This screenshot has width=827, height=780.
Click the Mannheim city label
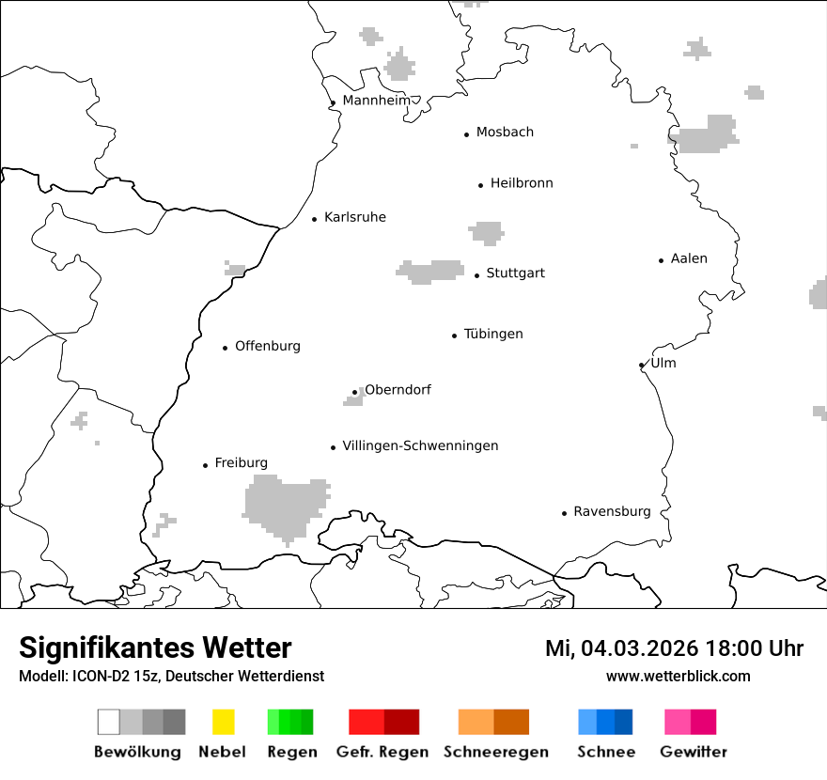pyautogui.click(x=376, y=101)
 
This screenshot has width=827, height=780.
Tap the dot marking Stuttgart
pyautogui.click(x=477, y=275)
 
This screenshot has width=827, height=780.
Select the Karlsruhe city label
pyautogui.click(x=354, y=217)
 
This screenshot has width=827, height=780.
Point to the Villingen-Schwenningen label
pyautogui.click(x=420, y=445)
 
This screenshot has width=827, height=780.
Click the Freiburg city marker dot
pyautogui.click(x=205, y=465)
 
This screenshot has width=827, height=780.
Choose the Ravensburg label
pyautogui.click(x=612, y=511)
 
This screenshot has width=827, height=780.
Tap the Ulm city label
pyautogui.click(x=663, y=363)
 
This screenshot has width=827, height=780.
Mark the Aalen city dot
pyautogui.click(x=662, y=260)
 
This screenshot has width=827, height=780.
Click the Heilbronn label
pyautogui.click(x=522, y=183)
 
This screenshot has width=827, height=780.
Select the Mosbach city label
pyautogui.click(x=505, y=133)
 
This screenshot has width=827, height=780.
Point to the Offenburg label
pyautogui.click(x=268, y=346)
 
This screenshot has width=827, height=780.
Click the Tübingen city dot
pyautogui.click(x=455, y=335)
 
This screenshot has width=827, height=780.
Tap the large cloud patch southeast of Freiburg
pyautogui.click(x=285, y=505)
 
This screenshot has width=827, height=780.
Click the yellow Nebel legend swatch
pyautogui.click(x=223, y=722)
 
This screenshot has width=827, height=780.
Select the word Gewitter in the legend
pyautogui.click(x=694, y=752)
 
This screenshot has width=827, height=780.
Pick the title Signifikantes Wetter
pyautogui.click(x=155, y=647)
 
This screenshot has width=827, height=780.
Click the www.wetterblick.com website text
pyautogui.click(x=678, y=676)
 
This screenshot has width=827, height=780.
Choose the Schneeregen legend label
pyautogui.click(x=494, y=752)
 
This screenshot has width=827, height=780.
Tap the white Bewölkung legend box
pyautogui.click(x=109, y=722)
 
